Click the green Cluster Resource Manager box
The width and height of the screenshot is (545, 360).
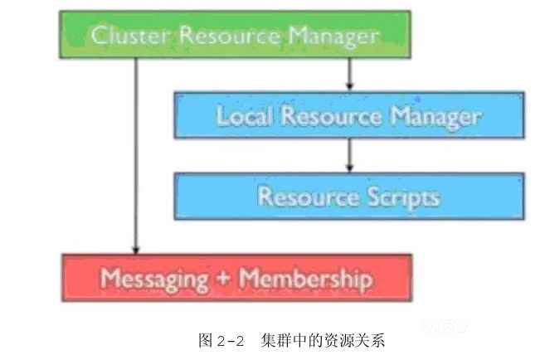(x=235, y=34)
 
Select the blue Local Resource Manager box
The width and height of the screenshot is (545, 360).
(x=348, y=115)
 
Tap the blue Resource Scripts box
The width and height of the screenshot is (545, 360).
(x=348, y=197)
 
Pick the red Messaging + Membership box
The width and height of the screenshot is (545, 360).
(x=236, y=277)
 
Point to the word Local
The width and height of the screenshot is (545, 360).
(x=245, y=115)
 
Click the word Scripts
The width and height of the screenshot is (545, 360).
(x=401, y=197)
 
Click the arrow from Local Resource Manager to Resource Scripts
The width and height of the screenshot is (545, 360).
(x=349, y=155)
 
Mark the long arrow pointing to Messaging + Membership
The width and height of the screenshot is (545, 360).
(x=135, y=158)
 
